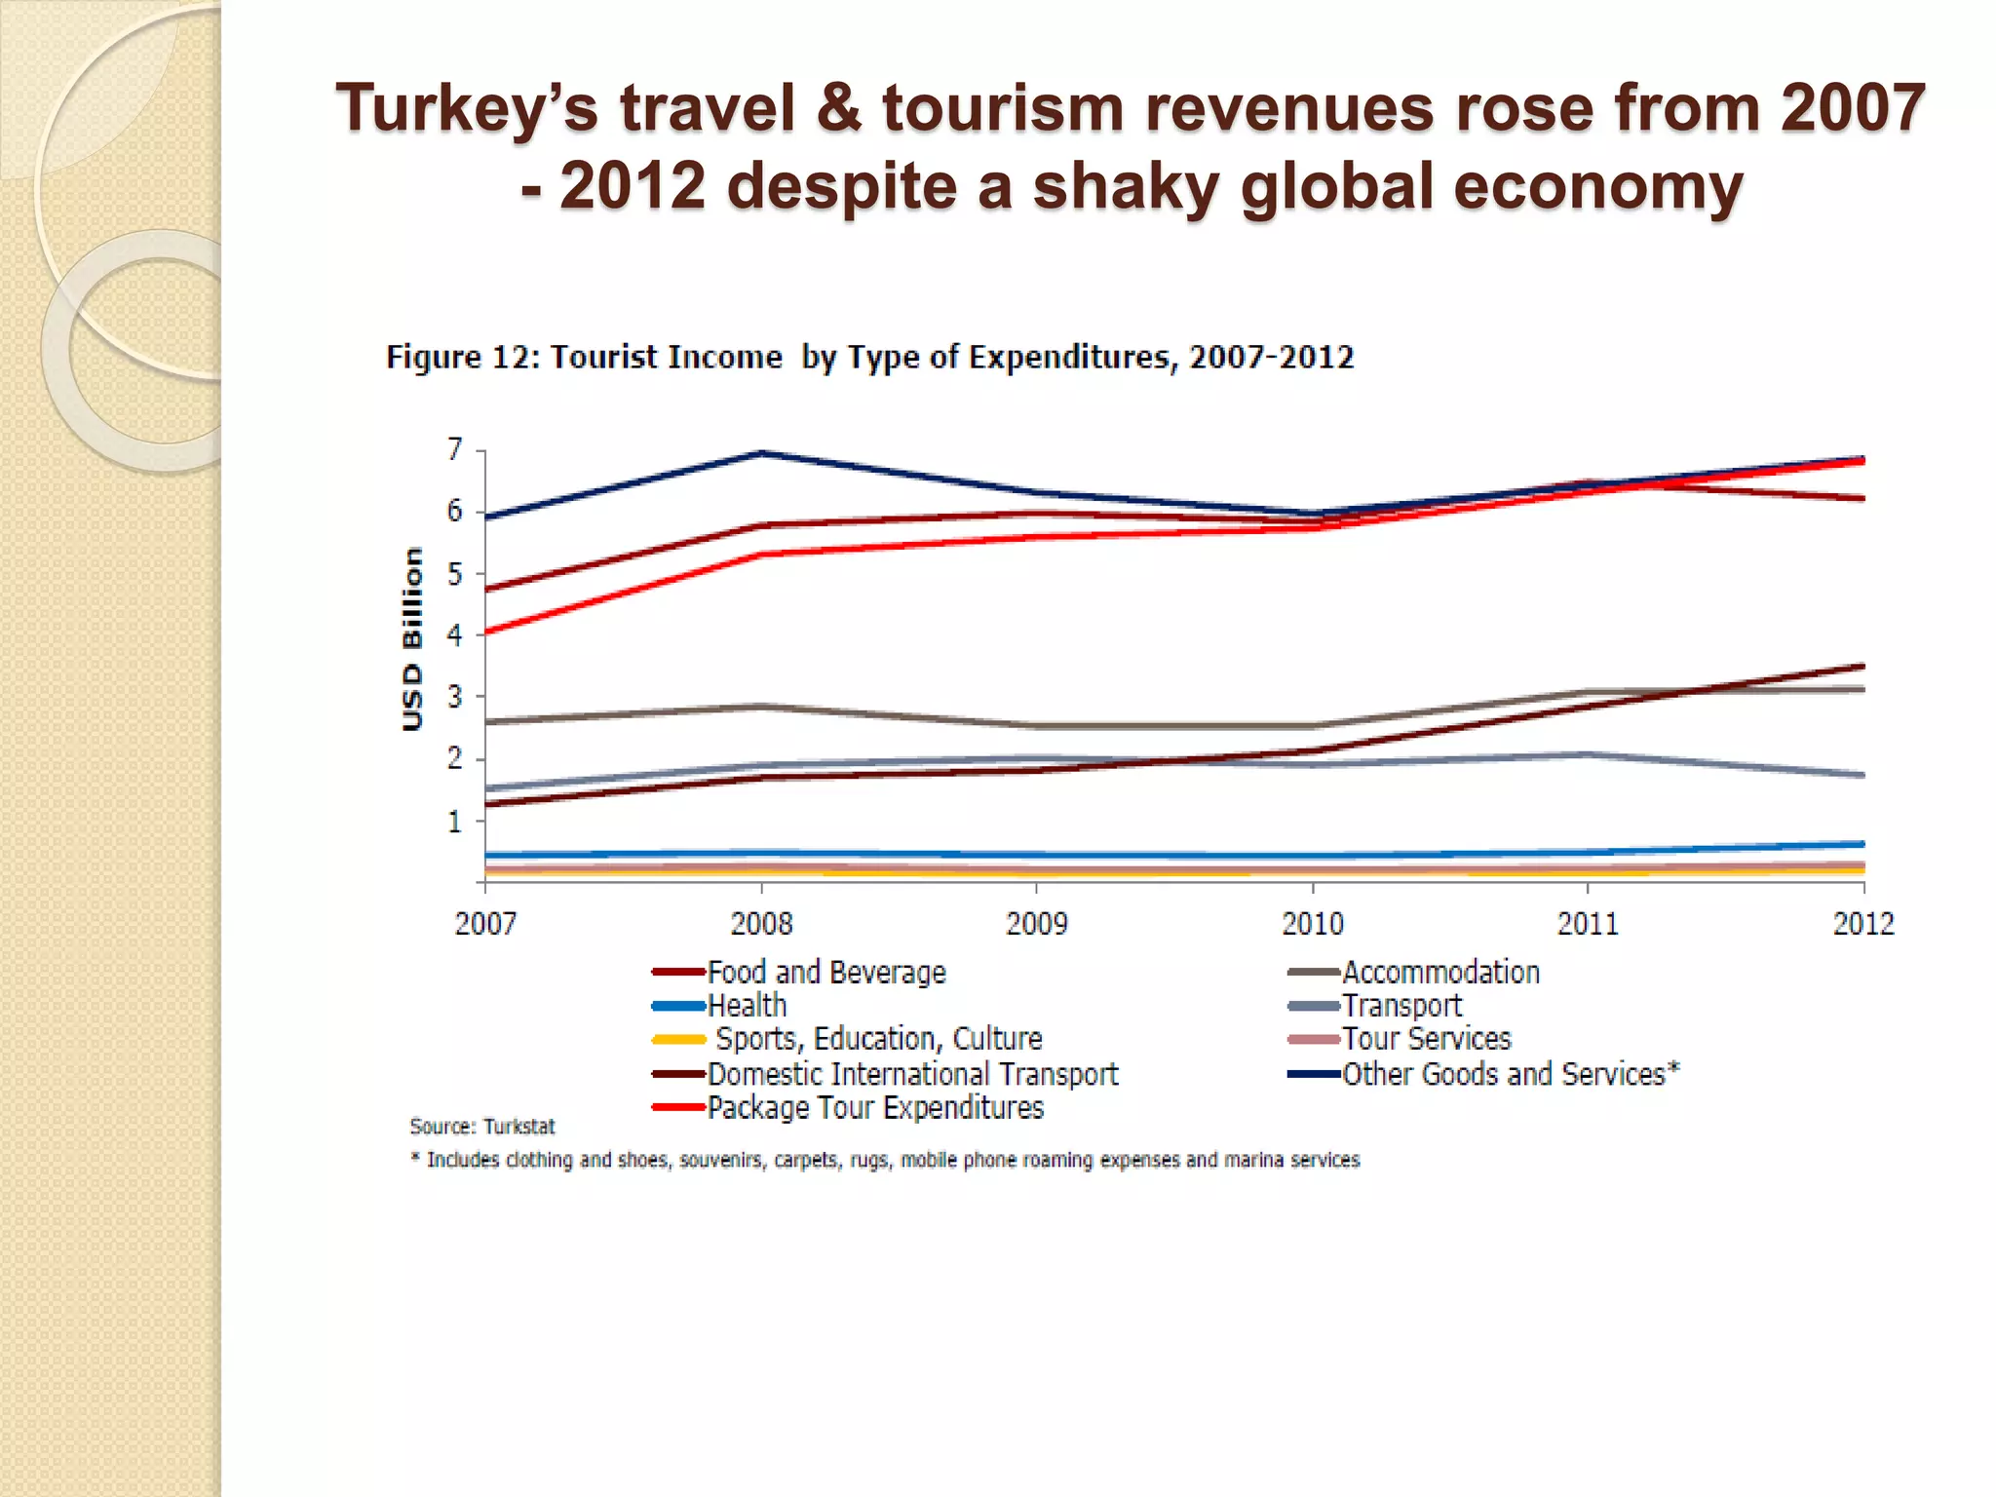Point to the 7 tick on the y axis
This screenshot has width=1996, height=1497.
click(x=455, y=449)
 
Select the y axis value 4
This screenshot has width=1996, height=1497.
click(x=455, y=635)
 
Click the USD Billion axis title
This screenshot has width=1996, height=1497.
click(x=413, y=638)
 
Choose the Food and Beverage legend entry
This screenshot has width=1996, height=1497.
click(x=825, y=973)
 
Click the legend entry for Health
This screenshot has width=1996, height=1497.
click(x=747, y=1006)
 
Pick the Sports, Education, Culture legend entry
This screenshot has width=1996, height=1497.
click(x=878, y=1039)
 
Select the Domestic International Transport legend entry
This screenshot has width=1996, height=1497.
click(x=912, y=1074)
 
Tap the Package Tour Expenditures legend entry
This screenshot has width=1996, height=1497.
click(x=875, y=1108)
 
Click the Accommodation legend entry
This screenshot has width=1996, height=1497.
click(x=1440, y=973)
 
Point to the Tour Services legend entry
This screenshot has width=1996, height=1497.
click(x=1426, y=1039)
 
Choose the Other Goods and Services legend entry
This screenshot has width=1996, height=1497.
click(x=1510, y=1074)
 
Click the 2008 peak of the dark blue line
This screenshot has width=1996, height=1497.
click(x=762, y=453)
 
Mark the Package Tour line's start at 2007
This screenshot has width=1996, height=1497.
click(x=486, y=633)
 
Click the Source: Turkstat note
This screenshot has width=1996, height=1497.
click(x=482, y=1127)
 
